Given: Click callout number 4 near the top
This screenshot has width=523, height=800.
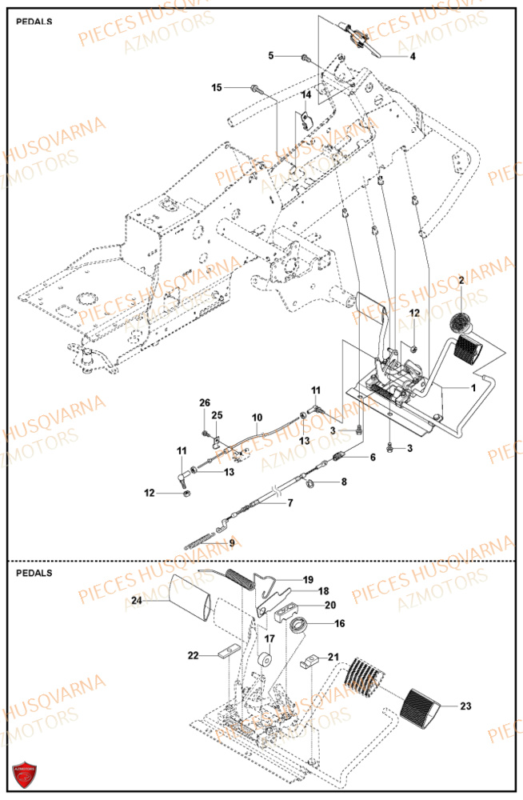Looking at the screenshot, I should pos(413,57).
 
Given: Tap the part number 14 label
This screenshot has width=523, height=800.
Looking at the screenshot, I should pos(305,95).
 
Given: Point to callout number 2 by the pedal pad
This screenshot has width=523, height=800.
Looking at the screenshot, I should pos(461,279).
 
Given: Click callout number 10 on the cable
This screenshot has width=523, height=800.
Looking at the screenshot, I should pos(257,418).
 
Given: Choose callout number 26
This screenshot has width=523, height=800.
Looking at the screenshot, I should pos(204,402).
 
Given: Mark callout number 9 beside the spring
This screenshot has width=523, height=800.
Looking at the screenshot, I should pos(232,543).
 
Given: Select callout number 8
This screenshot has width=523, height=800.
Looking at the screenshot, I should pos(344,482).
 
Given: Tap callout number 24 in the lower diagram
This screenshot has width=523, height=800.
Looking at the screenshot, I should pos(136,600).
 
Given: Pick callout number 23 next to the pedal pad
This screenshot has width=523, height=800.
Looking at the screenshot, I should pos(466,706).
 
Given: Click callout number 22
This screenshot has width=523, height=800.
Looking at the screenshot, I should pos(193,655).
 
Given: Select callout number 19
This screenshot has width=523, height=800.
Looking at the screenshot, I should pos(307,578).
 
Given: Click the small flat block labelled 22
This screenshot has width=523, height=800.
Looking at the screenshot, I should pos(227,652).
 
